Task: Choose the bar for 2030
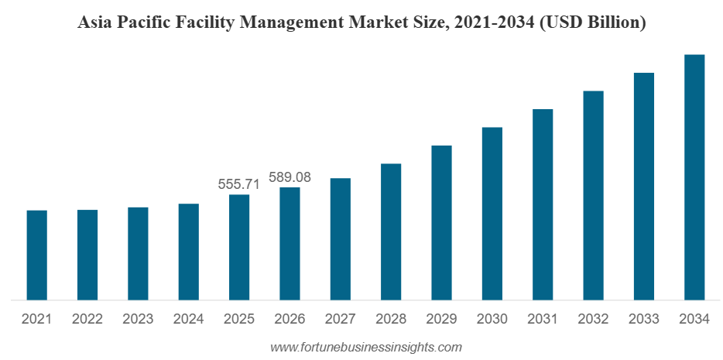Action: coord(492,213)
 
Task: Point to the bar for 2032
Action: coord(593,194)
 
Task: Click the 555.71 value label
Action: coord(238,184)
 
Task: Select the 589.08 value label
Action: coord(290,177)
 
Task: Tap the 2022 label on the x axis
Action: coord(87,319)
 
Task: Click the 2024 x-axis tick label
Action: coord(188,319)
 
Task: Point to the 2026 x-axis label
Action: coord(290,319)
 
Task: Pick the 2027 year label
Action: coord(340,319)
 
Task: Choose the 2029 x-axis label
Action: coord(441,319)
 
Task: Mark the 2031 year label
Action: coord(543,319)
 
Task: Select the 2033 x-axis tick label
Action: coord(643,319)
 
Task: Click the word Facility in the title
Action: coord(208,23)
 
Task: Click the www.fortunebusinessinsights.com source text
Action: coord(365,348)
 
